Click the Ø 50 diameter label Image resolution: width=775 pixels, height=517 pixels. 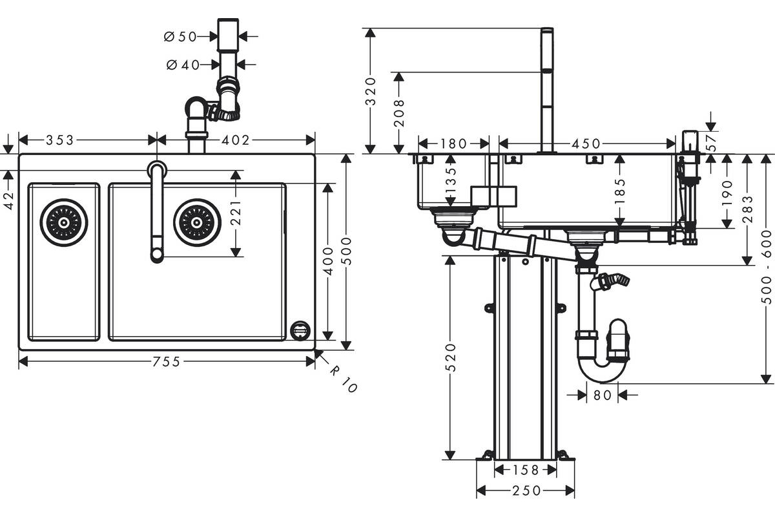[180, 36]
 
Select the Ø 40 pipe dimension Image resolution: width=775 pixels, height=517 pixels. [183, 65]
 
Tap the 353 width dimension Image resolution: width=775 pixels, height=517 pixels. [60, 140]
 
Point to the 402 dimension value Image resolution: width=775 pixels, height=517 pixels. [235, 140]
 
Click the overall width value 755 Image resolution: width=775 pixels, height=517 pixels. [167, 362]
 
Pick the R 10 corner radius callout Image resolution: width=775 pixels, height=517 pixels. [343, 380]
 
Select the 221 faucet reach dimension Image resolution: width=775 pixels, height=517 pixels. [236, 213]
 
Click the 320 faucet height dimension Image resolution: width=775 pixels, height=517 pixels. [371, 91]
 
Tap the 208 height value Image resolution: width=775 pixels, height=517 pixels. [399, 113]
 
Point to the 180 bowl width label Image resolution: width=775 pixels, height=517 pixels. [453, 143]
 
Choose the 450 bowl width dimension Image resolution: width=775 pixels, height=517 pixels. [586, 143]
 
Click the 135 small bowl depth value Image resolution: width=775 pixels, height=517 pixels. [451, 181]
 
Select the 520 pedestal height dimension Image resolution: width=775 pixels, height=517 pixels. [451, 358]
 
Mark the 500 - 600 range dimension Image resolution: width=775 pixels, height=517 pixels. [767, 267]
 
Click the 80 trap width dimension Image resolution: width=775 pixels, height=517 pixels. [603, 395]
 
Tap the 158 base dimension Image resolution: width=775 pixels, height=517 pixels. [526, 470]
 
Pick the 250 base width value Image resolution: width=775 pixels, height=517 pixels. [526, 491]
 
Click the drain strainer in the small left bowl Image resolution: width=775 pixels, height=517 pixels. [64, 223]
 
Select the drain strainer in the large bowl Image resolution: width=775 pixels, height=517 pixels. [197, 223]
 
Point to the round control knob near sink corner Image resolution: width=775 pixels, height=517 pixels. [300, 330]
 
